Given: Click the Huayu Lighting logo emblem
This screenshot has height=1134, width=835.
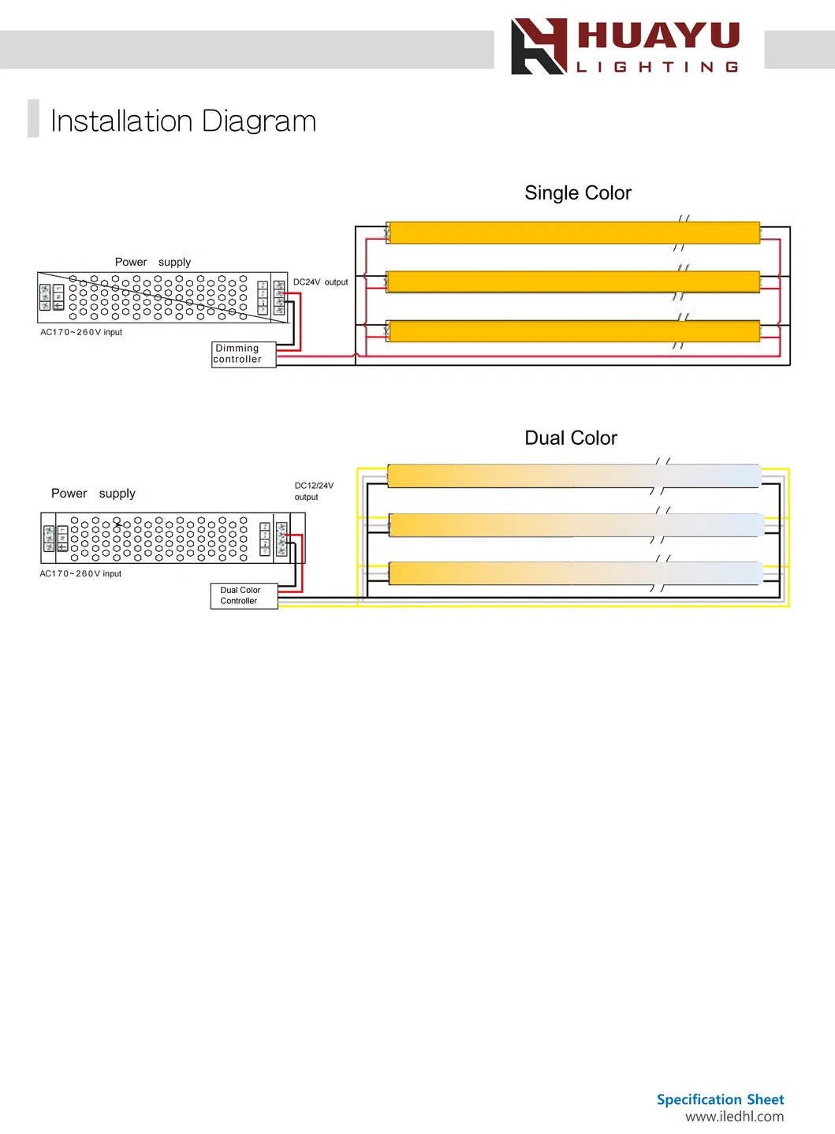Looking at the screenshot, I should (x=539, y=47).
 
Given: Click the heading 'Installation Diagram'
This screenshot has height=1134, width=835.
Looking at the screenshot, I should (x=183, y=121).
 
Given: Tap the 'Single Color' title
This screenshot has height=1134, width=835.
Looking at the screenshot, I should (x=578, y=193).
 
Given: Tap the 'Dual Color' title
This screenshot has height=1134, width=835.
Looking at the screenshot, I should (x=571, y=438).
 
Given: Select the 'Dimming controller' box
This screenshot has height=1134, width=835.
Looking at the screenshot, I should (x=244, y=354).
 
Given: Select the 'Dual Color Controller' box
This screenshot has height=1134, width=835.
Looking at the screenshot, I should (x=244, y=595).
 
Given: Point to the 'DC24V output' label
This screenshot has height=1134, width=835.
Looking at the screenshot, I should (x=320, y=282).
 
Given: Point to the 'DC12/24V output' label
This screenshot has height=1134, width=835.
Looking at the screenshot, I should (x=314, y=491).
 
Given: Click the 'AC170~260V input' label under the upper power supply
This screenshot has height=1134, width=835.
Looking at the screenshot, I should (x=81, y=333).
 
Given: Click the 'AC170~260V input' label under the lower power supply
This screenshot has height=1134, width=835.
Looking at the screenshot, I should (x=80, y=574).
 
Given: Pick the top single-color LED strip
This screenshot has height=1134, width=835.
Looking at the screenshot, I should (x=574, y=233).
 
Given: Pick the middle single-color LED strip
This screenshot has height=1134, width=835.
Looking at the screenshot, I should (x=574, y=282).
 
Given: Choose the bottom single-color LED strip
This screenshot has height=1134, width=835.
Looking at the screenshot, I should (x=574, y=331).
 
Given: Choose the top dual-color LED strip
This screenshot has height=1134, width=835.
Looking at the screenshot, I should (x=574, y=476).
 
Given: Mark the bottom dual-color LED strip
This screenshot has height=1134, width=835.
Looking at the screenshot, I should (x=574, y=573).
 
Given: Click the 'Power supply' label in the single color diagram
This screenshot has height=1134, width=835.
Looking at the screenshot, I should (x=153, y=263).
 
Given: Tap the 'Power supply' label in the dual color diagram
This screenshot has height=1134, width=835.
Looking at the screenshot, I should (x=93, y=494).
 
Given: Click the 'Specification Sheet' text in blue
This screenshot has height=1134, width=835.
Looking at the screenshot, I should (x=720, y=1099).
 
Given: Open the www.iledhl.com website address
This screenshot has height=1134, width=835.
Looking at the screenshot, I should (x=734, y=1117).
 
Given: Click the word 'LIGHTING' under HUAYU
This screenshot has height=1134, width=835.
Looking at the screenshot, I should (x=658, y=68).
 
